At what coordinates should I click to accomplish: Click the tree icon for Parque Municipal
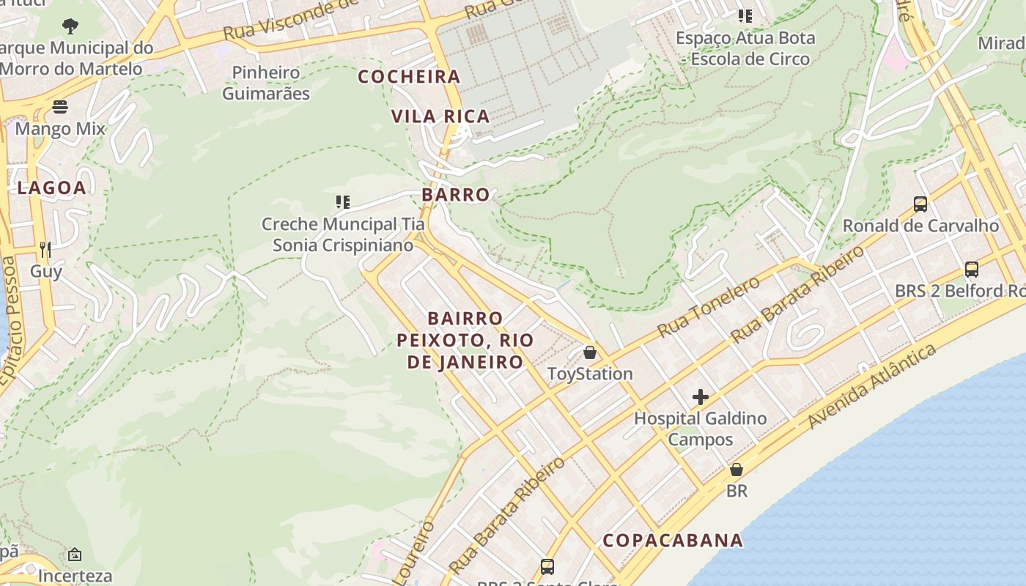70,26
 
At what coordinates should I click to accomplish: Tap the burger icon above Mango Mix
60,108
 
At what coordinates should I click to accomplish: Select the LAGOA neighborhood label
52,188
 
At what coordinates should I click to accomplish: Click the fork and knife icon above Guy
45,249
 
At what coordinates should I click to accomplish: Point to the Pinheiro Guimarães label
266,83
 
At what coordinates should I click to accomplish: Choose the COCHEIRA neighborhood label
409,77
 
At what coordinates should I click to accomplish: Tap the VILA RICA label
440,116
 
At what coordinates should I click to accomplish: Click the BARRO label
456,195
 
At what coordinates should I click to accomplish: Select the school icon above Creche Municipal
342,201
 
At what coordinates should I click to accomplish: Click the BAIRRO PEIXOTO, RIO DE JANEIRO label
465,340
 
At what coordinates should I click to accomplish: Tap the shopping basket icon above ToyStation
590,352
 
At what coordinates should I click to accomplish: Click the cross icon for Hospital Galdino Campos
701,397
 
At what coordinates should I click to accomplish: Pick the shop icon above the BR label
737,470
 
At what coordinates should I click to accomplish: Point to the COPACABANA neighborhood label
673,541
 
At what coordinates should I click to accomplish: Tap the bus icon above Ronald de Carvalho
920,204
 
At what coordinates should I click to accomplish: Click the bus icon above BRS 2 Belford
972,270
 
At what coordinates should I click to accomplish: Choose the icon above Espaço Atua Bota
745,15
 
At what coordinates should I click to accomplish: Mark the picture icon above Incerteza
75,555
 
